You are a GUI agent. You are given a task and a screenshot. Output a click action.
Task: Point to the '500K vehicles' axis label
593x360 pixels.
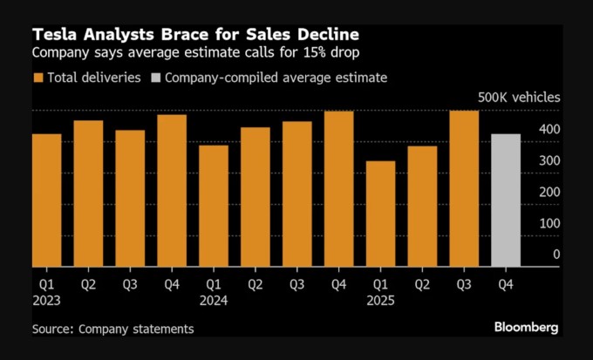pyautogui.click(x=518, y=98)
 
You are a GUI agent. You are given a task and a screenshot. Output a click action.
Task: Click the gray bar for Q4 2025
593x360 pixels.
pyautogui.click(x=506, y=200)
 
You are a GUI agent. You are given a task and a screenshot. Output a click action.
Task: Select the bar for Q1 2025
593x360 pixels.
pyautogui.click(x=380, y=214)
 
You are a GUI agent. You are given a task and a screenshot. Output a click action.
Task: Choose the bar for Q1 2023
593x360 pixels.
pyautogui.click(x=46, y=200)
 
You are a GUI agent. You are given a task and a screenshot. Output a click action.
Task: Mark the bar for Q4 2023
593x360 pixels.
pyautogui.click(x=171, y=191)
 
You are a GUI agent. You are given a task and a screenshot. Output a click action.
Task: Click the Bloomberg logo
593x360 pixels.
pyautogui.click(x=527, y=328)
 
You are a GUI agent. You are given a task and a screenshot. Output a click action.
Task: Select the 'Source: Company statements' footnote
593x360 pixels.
pyautogui.click(x=113, y=329)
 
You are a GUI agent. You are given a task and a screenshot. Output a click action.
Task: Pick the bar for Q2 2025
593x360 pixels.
pyautogui.click(x=422, y=207)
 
